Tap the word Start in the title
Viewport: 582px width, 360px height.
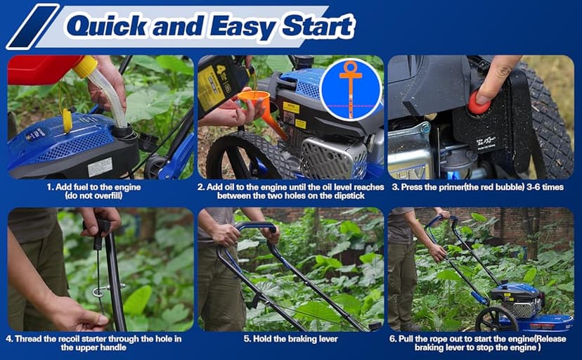tap(318, 26)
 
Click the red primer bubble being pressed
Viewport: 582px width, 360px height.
tap(479, 103)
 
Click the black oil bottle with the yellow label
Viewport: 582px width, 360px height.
tap(223, 85)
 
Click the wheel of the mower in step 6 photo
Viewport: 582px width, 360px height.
tap(496, 319)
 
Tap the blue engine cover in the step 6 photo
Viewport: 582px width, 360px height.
tap(517, 290)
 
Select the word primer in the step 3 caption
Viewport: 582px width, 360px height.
tap(449, 187)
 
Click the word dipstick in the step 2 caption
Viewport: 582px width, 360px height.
tap(347, 195)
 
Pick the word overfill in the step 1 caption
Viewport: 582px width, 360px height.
tap(106, 195)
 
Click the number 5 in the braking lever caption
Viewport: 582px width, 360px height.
tap(247, 339)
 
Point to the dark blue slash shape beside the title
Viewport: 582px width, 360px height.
tap(32, 27)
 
